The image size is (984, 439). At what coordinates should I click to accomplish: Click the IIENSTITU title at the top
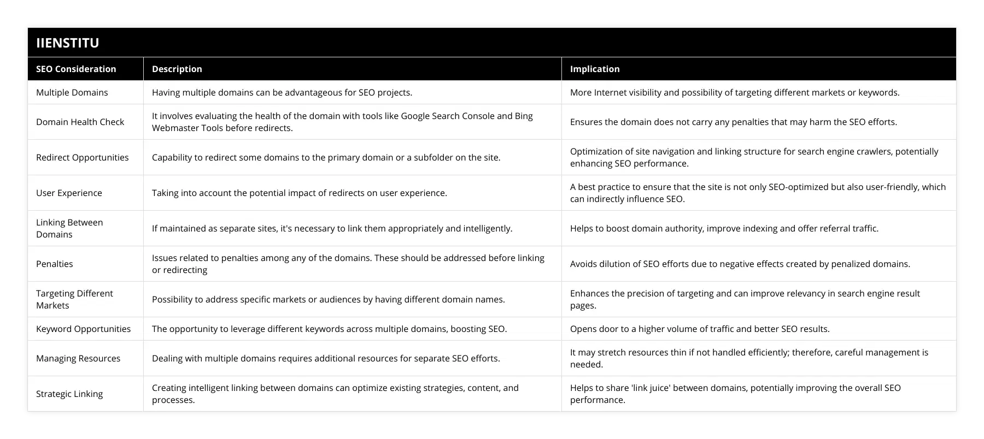[x=67, y=43]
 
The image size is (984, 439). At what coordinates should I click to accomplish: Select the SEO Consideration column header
[x=76, y=69]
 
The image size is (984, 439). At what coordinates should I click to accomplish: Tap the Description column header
[x=177, y=69]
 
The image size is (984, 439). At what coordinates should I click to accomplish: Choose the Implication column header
[x=595, y=69]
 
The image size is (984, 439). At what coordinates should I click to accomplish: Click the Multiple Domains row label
[x=72, y=92]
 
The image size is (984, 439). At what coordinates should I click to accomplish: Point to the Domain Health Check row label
[x=80, y=122]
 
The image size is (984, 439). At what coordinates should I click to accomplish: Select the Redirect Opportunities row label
[x=82, y=157]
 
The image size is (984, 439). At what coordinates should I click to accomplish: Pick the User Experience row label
[x=69, y=193]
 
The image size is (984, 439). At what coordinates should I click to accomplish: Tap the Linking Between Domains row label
[x=69, y=228]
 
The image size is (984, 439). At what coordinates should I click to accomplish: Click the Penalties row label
[x=54, y=264]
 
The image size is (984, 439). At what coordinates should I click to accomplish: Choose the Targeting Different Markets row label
[x=74, y=299]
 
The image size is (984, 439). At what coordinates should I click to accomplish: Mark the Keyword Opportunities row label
[x=83, y=329]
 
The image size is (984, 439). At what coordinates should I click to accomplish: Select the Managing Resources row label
[x=78, y=358]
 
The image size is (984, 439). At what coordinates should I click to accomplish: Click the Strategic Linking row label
[x=69, y=394]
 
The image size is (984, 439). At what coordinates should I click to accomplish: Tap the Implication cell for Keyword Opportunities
[x=700, y=329]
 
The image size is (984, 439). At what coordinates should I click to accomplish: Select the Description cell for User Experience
[x=299, y=193]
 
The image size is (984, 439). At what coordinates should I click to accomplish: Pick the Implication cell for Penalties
[x=740, y=264]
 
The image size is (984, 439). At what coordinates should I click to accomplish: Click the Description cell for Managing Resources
[x=325, y=358]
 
